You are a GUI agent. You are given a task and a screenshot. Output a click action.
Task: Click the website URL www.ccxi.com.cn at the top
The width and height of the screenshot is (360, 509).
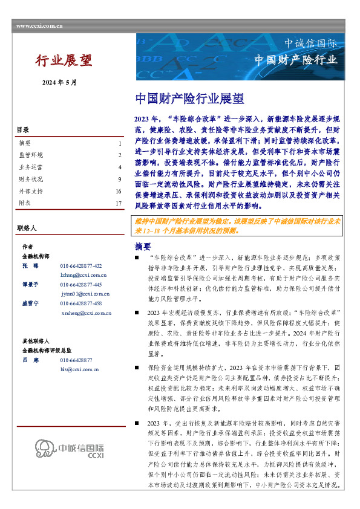[39, 25]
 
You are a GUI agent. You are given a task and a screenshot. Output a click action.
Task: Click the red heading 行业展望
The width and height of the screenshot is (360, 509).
[64, 60]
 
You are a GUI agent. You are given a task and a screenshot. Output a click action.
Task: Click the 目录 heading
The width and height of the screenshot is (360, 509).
[22, 130]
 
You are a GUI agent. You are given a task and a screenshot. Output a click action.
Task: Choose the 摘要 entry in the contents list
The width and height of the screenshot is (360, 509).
[25, 144]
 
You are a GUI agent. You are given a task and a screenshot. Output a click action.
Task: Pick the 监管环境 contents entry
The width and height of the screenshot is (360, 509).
[31, 155]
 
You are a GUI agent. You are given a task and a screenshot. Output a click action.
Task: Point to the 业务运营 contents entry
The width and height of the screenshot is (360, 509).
[31, 167]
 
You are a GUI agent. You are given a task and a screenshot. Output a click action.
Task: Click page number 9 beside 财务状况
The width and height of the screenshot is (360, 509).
[120, 180]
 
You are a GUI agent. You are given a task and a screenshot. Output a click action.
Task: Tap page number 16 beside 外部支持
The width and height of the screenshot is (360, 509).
[119, 191]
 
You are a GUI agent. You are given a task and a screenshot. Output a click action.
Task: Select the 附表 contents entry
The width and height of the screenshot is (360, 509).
[25, 203]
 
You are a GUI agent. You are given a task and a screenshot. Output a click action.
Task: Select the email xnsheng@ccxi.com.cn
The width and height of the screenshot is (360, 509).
[86, 313]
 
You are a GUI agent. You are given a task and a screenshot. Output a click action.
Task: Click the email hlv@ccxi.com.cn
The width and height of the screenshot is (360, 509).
[79, 368]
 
